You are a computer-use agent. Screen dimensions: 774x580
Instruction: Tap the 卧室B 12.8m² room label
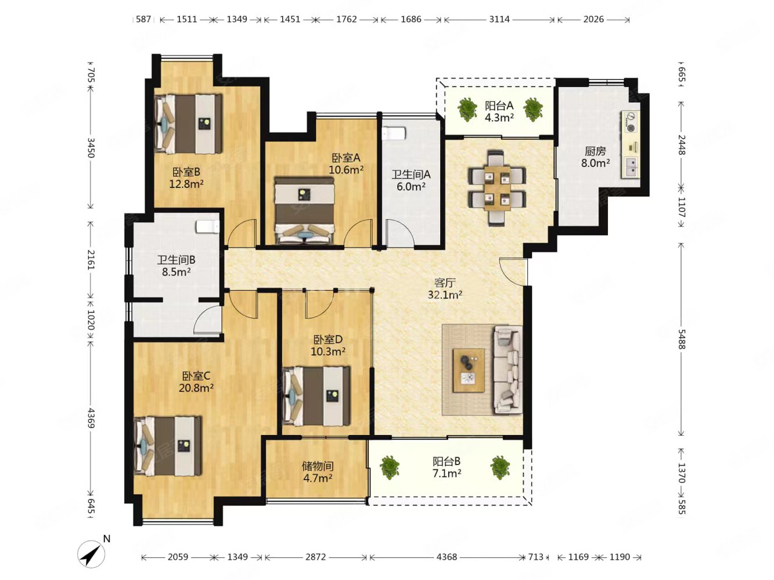point(186,178)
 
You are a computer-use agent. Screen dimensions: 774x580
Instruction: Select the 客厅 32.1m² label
point(445,288)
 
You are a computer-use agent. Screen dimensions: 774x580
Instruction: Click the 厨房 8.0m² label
point(595,157)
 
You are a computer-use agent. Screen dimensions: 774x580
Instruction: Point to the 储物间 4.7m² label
point(318,472)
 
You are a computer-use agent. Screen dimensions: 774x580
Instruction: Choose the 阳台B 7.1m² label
point(447,467)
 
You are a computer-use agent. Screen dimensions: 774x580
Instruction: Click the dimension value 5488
point(681,339)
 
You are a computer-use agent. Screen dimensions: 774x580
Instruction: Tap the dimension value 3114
point(499,19)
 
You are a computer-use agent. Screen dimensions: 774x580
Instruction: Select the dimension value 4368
point(447,557)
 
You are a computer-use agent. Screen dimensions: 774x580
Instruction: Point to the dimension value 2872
point(316,557)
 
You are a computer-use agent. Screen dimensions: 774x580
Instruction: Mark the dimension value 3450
point(91,147)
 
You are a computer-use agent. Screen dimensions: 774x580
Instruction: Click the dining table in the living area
point(497,188)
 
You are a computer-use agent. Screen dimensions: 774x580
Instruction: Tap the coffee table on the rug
point(469,370)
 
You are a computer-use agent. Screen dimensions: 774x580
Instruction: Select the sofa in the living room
point(507,369)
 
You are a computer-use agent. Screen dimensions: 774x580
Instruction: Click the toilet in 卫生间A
point(394,133)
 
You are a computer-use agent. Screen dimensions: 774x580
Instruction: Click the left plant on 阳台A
point(467,108)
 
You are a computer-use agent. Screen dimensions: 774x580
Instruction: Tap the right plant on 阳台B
point(500,467)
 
